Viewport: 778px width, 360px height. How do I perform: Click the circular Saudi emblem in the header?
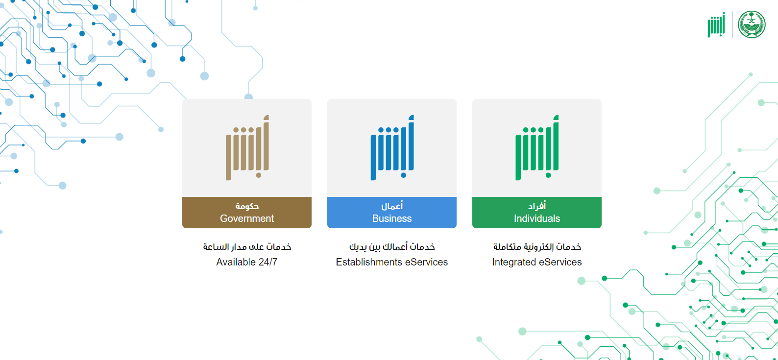(752, 24)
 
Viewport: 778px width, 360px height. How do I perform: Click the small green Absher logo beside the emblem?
(716, 24)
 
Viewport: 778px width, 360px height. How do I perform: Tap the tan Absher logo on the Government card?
(247, 147)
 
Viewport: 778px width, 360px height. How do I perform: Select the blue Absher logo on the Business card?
(392, 147)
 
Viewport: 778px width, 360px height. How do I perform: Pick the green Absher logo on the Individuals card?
(537, 147)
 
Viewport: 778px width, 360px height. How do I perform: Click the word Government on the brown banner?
(247, 218)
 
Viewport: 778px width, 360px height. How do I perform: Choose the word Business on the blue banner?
(392, 218)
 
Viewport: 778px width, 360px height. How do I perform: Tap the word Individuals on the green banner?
(537, 218)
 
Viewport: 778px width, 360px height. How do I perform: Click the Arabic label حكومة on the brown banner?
(247, 206)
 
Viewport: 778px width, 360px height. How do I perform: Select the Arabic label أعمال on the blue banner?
(392, 206)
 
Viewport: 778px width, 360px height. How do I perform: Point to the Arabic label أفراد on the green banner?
(537, 206)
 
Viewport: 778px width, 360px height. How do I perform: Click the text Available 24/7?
(246, 262)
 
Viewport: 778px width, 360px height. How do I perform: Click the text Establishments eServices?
(392, 262)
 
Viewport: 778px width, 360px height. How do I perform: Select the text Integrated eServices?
(537, 262)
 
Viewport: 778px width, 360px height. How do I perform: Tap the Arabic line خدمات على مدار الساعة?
(247, 247)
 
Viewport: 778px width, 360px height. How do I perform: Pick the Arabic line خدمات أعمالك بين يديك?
(392, 247)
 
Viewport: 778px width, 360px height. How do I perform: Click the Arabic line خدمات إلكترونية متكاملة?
(537, 247)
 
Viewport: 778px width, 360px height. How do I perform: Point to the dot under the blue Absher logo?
(403, 175)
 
